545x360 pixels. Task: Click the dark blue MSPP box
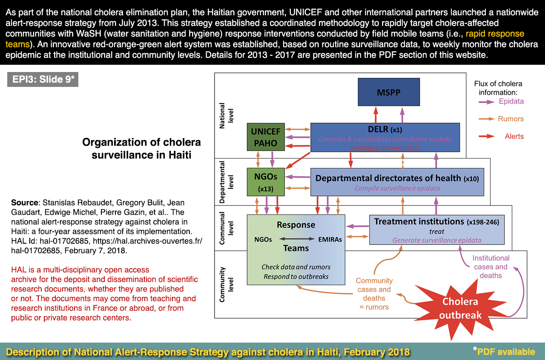click(389, 92)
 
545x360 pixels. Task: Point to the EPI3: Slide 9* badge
click(43, 80)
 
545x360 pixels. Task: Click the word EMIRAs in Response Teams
click(330, 239)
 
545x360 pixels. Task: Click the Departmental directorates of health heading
click(388, 178)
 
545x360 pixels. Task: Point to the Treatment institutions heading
click(418, 222)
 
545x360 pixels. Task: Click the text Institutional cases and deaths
click(490, 267)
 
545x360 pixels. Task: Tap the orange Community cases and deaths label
click(374, 294)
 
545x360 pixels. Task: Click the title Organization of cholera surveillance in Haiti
click(141, 148)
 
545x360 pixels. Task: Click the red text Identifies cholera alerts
click(385, 148)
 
